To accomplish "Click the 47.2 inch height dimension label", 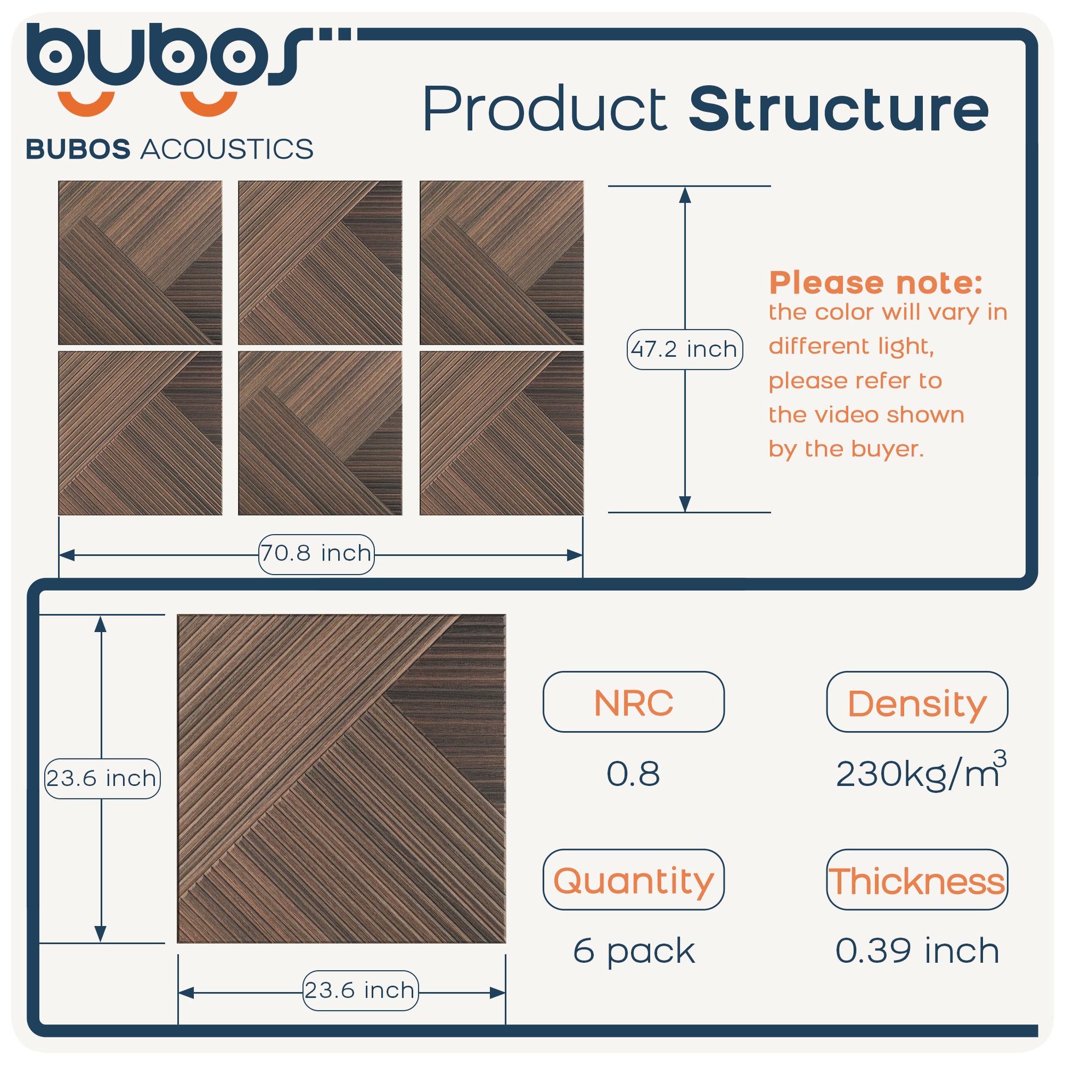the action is tap(685, 349).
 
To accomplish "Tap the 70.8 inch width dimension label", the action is tap(316, 554).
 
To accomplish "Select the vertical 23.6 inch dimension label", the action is tap(102, 778).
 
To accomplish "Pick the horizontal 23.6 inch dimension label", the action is tap(361, 990).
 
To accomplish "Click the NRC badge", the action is tap(633, 702).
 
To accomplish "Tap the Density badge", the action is tap(917, 702).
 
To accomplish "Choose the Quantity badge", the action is tap(633, 880).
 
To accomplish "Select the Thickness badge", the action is tap(917, 880).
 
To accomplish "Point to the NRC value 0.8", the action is tap(633, 773).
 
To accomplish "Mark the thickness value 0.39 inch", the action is tap(917, 950).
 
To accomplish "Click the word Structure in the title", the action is tap(838, 108).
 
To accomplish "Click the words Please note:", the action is tap(876, 283).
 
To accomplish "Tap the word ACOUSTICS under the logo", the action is tap(227, 149).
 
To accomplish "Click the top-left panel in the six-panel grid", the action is tap(140, 262).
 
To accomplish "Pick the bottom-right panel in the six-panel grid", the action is tap(502, 433).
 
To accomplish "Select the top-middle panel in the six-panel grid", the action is tap(320, 262).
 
